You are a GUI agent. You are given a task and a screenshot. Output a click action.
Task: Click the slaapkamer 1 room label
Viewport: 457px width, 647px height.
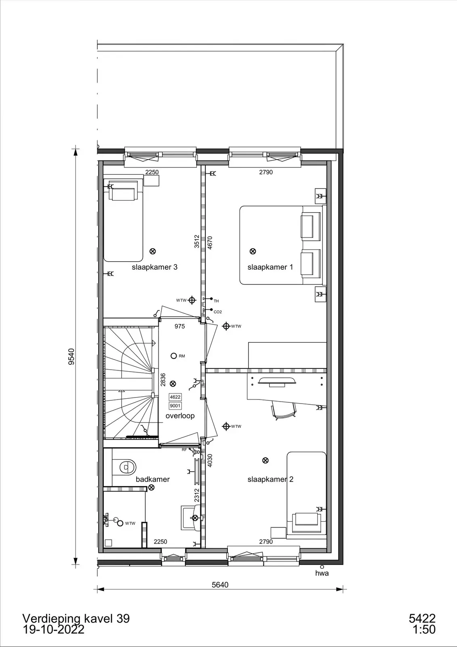270,267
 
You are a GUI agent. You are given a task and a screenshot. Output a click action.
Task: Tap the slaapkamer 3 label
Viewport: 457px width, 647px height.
154,267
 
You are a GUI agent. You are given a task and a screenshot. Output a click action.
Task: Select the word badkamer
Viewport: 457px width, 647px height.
152,479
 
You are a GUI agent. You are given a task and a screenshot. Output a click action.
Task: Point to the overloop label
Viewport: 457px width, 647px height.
180,416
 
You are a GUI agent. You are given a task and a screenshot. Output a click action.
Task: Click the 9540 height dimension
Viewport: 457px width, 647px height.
71,356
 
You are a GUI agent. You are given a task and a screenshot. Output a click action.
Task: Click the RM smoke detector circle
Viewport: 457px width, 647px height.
173,355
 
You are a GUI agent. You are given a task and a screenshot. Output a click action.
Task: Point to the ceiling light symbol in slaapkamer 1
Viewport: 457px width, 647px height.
253,251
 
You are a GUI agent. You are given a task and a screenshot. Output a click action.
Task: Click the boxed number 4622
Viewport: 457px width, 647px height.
175,397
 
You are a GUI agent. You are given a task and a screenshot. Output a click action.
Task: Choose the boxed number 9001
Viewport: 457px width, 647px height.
175,406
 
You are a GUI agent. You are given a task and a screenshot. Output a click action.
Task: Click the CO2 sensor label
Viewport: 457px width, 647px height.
218,312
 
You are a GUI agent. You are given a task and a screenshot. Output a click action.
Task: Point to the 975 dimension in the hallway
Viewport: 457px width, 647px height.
179,326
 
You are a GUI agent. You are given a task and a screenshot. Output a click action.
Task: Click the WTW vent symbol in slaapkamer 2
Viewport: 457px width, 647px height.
226,426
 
